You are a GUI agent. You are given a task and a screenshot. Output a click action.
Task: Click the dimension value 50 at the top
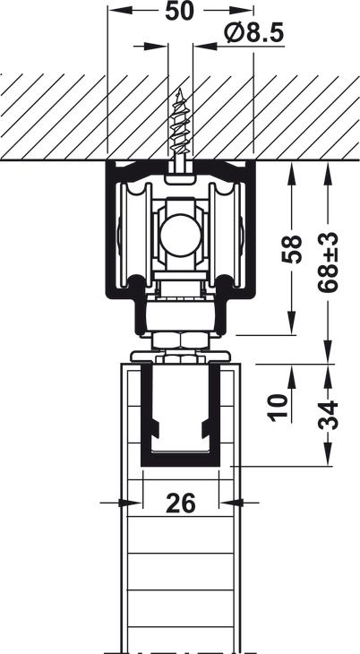pyautogui.click(x=180, y=12)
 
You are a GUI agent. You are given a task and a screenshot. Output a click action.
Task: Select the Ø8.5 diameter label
pyautogui.click(x=253, y=33)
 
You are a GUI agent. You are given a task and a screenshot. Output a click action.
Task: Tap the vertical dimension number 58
pyautogui.click(x=291, y=249)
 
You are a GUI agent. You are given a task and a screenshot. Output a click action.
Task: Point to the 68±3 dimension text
pyautogui.click(x=328, y=262)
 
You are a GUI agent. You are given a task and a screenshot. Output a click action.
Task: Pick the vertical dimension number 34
pyautogui.click(x=328, y=415)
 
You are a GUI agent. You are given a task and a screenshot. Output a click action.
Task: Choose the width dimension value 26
pyautogui.click(x=181, y=503)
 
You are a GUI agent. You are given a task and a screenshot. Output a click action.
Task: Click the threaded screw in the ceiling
pyautogui.click(x=180, y=127)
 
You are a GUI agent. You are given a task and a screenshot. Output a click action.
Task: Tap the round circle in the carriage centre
pyautogui.click(x=180, y=235)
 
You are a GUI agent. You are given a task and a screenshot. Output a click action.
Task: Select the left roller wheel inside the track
pyautogui.click(x=133, y=235)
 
